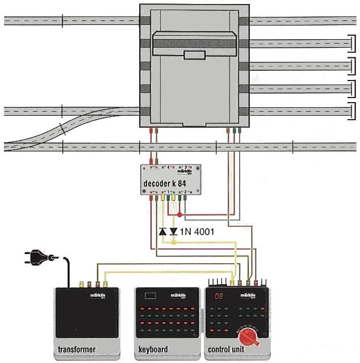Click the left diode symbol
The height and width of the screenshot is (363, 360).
click(x=162, y=231)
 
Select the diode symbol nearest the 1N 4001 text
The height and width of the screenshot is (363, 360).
click(x=174, y=231)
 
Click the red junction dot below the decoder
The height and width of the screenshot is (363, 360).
click(x=180, y=216)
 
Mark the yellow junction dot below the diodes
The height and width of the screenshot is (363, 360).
click(x=174, y=242)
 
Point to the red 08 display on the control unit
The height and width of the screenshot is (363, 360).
click(x=218, y=297)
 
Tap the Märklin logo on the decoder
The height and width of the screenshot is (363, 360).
click(x=185, y=170)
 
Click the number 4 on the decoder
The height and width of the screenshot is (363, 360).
click(x=168, y=167)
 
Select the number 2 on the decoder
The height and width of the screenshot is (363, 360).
click(x=185, y=192)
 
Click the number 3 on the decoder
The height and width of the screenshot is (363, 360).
click(x=185, y=167)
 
